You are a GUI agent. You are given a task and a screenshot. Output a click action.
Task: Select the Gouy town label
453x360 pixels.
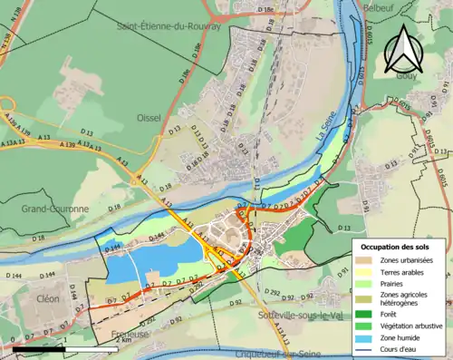(406, 76)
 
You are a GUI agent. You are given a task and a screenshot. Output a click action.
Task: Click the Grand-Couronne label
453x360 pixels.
(55, 209)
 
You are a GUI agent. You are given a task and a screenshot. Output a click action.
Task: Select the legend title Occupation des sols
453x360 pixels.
(396, 247)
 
